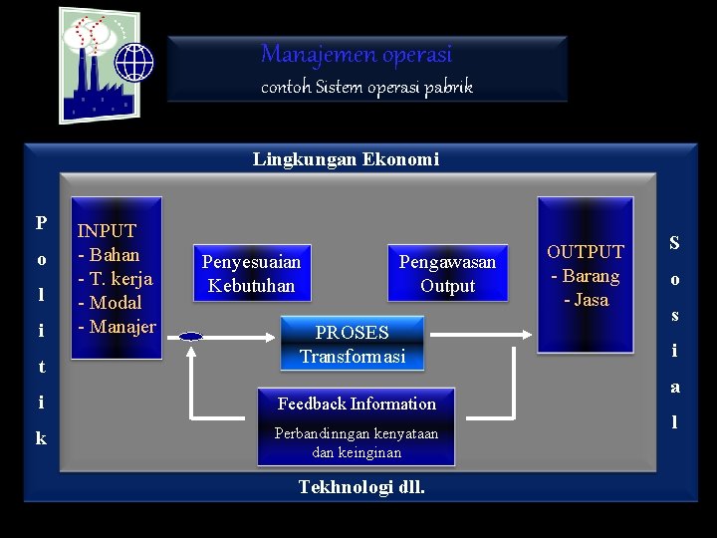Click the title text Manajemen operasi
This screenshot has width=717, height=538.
tap(356, 54)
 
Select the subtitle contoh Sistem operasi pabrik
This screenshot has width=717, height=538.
tap(366, 87)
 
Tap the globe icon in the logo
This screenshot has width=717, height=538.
tap(134, 62)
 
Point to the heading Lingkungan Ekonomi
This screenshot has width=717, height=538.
tap(346, 158)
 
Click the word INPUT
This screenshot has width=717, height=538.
tap(107, 231)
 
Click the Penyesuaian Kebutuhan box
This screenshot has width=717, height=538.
tap(251, 274)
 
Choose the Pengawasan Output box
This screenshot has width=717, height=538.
tap(447, 274)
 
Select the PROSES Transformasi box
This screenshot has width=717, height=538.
tap(353, 344)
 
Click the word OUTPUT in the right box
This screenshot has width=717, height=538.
tap(586, 252)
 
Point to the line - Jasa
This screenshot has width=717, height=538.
tap(586, 300)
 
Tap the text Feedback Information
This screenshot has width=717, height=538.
tap(357, 403)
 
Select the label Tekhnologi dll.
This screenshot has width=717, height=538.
tap(361, 486)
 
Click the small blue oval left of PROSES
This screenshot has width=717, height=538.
tap(190, 337)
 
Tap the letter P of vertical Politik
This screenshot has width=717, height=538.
tap(41, 222)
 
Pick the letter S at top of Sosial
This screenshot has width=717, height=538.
tap(674, 242)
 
